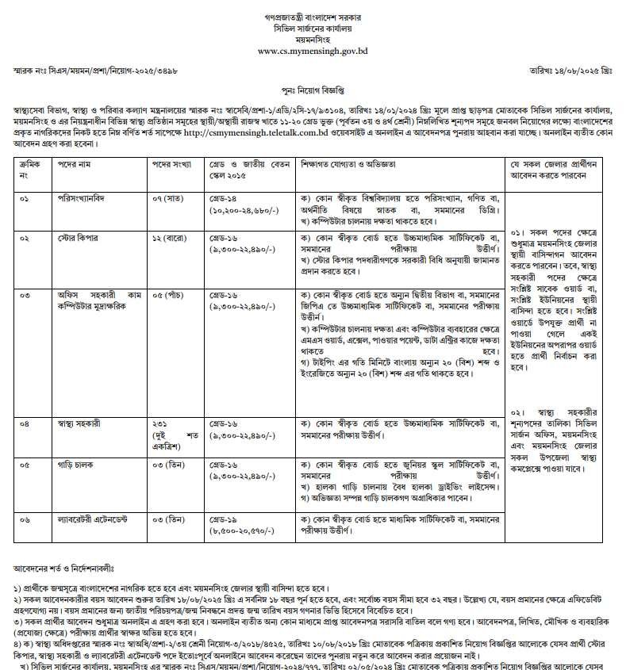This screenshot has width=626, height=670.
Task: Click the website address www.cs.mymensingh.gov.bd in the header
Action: [313, 49]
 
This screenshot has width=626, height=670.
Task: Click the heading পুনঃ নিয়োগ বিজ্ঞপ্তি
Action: [313, 91]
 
